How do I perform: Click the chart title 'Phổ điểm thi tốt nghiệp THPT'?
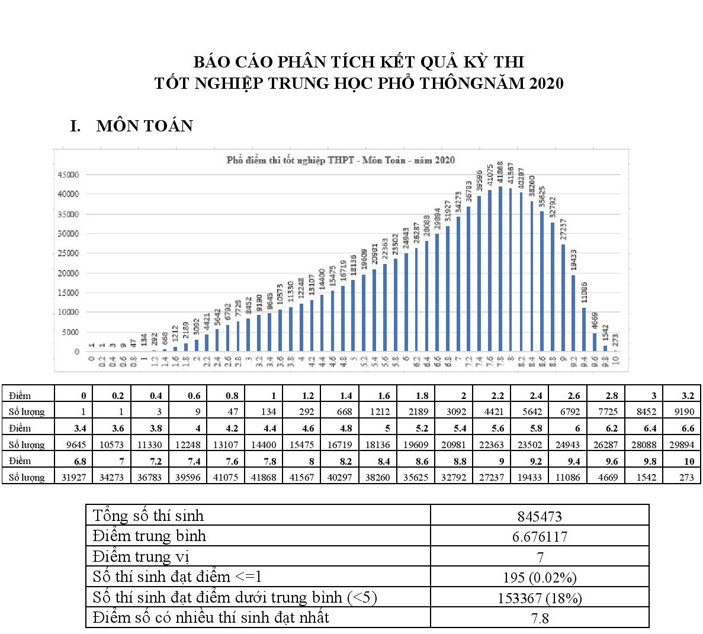point(341,160)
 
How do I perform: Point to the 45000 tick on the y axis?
point(68,175)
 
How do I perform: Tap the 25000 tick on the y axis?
point(68,253)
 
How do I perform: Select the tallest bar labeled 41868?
point(500,269)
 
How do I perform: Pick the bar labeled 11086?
point(584,329)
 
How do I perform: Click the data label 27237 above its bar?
point(563,230)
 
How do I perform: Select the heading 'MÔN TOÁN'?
point(145,125)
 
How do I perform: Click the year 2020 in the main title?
point(547,83)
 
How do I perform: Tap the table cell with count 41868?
point(264,477)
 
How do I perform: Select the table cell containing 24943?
point(567,445)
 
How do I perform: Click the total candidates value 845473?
point(540,517)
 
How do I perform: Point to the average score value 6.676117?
point(540,537)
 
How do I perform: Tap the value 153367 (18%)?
point(540,598)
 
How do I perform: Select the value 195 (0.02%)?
point(540,578)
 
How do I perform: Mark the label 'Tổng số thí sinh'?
point(148,516)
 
